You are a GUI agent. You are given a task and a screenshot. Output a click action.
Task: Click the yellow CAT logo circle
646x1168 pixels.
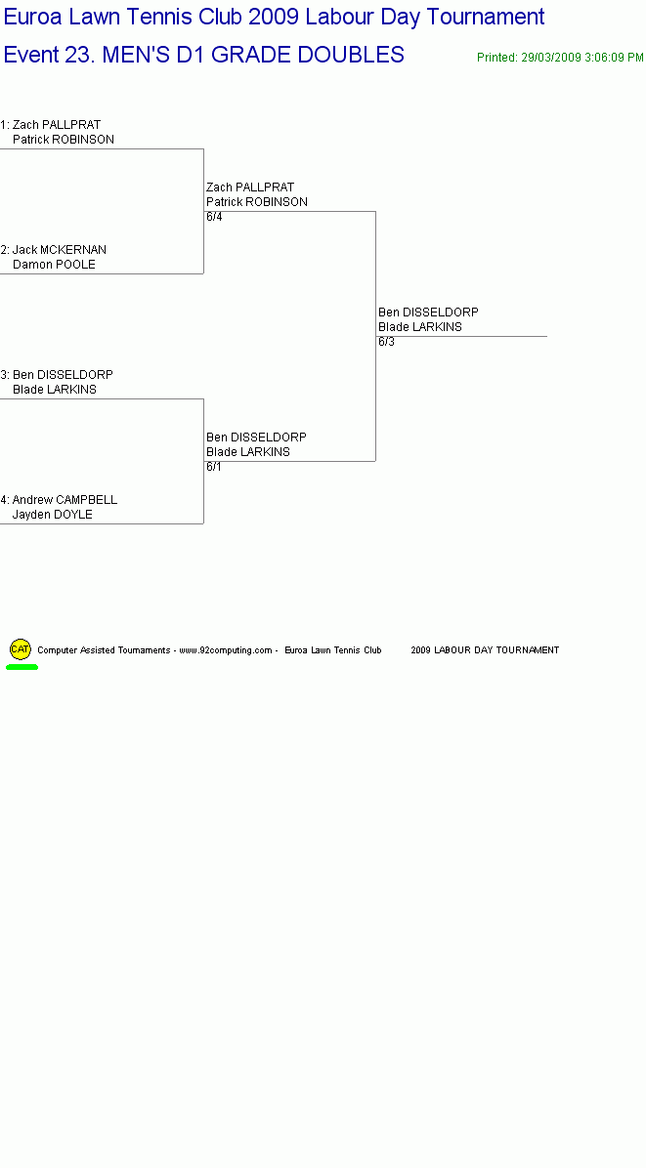point(21,648)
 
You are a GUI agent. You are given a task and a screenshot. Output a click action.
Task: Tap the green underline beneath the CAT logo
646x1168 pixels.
point(22,667)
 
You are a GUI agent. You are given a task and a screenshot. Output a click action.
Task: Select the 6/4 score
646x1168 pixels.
point(214,217)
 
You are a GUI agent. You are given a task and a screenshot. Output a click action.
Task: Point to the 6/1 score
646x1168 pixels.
point(214,467)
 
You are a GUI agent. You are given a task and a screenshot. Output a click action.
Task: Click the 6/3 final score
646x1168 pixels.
point(386,342)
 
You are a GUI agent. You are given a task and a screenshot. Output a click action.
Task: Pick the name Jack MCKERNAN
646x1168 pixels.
point(60,250)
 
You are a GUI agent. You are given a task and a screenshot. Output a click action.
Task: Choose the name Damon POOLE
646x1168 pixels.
point(54,265)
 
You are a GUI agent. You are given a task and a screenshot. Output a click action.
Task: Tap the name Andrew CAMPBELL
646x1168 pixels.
point(65,500)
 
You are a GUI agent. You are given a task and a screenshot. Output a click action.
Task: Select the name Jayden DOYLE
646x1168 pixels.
point(52,515)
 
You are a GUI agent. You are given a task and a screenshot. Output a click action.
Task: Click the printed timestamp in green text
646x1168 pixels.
point(560,58)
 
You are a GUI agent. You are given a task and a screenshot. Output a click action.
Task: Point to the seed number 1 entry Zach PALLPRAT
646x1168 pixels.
point(57,124)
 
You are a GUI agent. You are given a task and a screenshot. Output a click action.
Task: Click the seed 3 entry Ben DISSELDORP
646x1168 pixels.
point(63,375)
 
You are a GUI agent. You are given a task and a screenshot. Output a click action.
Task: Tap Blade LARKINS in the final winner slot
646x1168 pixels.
point(420,327)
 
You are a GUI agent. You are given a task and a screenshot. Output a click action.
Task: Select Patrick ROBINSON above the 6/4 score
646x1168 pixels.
point(257,202)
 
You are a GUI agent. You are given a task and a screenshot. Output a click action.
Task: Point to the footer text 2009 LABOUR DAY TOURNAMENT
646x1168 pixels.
point(485,650)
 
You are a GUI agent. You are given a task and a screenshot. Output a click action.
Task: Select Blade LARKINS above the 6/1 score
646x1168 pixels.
point(248,452)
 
